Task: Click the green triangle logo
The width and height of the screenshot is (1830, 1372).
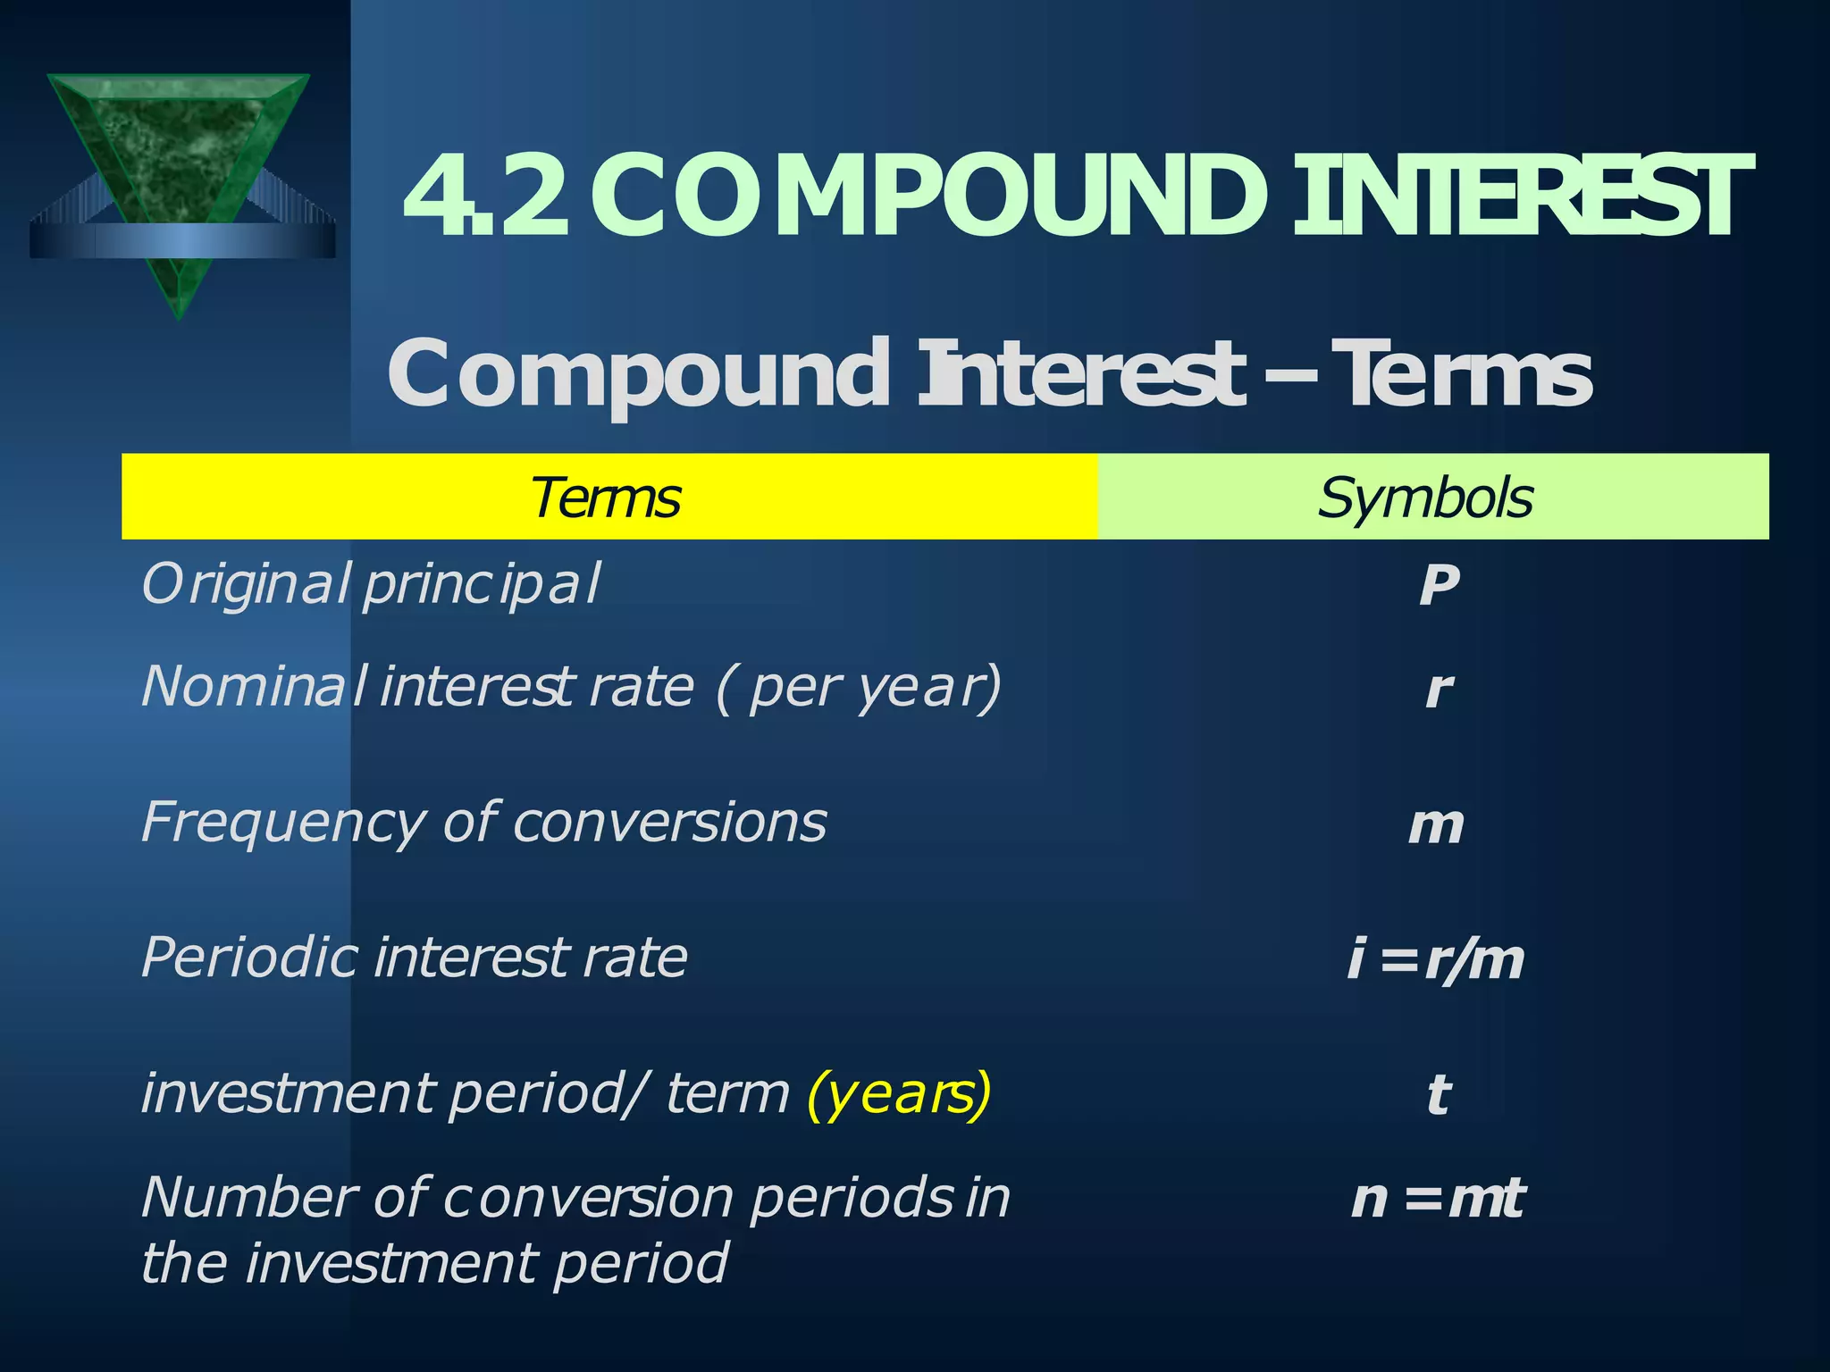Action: [179, 170]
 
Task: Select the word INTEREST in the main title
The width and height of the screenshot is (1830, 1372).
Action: [1519, 197]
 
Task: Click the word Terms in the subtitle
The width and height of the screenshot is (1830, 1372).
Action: [1465, 375]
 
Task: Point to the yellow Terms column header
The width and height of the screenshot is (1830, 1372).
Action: [607, 498]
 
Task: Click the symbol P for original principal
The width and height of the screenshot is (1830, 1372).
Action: [1439, 586]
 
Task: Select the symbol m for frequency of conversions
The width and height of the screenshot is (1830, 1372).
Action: [1436, 825]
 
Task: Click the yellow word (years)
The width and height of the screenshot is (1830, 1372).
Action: [899, 1093]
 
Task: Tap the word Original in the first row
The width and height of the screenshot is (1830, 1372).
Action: [246, 586]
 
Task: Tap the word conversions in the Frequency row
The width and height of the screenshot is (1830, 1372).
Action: [670, 822]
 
